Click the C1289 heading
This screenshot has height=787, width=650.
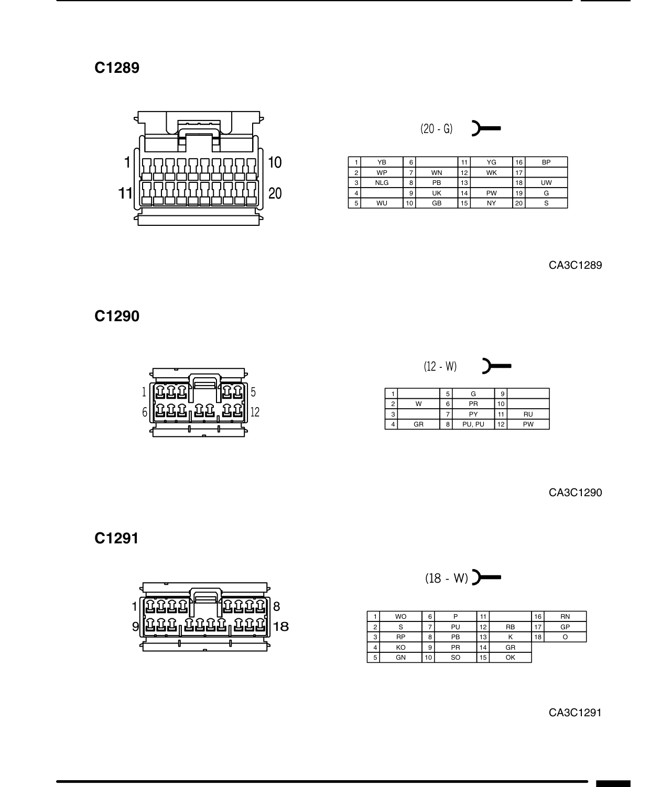117,68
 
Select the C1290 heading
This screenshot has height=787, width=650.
117,316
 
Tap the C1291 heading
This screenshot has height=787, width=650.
116,538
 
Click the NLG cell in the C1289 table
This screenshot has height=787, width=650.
382,183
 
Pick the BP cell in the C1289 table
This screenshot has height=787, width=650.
546,162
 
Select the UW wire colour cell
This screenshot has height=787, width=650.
546,183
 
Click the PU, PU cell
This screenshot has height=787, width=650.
473,424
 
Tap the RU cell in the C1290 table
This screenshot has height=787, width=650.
528,414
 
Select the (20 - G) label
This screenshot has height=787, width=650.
436,129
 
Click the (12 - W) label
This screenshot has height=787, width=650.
440,366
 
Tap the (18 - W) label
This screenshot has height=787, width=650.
447,578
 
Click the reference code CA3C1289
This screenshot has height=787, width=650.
576,265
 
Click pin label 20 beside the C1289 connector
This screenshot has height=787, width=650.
275,193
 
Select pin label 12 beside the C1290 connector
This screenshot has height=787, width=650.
255,412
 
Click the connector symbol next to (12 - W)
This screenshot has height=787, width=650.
496,366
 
